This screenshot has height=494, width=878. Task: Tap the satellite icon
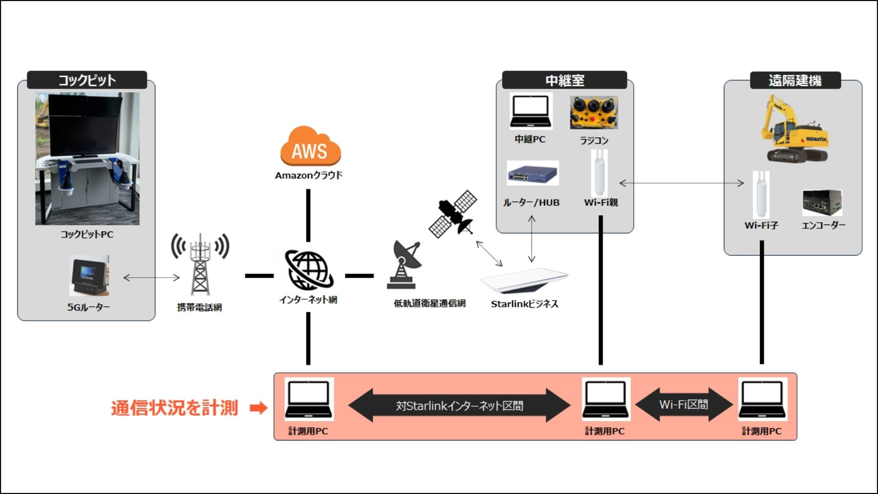point(453,214)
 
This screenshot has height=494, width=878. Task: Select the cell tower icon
point(200,264)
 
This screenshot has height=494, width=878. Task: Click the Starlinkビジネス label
point(525,304)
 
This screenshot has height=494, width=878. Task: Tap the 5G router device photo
point(89,276)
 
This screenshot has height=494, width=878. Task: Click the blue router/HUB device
point(533,173)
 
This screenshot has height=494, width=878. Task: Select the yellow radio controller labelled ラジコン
point(594,113)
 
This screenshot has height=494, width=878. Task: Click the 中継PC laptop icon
point(530,112)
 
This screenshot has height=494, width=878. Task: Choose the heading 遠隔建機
point(795,81)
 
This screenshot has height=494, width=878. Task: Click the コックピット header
point(87,80)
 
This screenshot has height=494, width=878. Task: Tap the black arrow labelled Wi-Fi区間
point(684,405)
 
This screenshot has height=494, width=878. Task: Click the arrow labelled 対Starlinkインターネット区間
point(459,406)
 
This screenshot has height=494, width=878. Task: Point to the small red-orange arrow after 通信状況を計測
point(258,408)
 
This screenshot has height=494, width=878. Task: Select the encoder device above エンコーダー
point(822,203)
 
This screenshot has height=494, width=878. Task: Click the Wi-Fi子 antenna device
point(761,194)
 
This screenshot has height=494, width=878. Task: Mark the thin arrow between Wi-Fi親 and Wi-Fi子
point(681,183)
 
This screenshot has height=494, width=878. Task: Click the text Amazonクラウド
point(309,175)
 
